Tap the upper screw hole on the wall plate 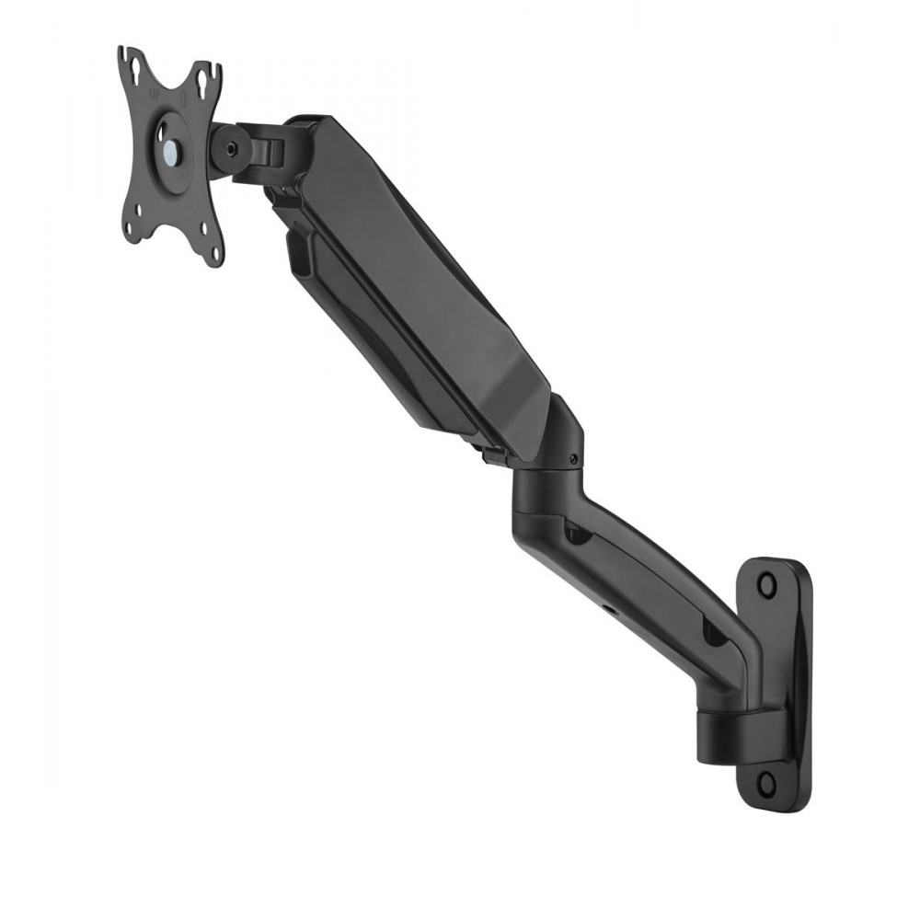click(x=766, y=583)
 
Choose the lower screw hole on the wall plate click(x=766, y=782)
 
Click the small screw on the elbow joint click(x=574, y=458)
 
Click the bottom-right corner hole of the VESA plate click(x=214, y=253)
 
